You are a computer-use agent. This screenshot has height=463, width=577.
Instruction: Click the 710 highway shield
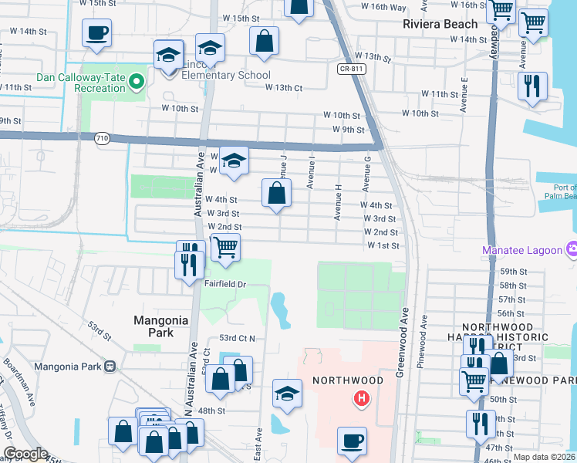pyautogui.click(x=101, y=138)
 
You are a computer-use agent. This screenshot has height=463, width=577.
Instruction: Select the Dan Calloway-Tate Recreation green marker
pyautogui.click(x=137, y=80)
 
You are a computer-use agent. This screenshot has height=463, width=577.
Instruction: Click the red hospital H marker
pyautogui.click(x=360, y=399)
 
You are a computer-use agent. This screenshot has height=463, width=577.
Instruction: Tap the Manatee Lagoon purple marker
pyautogui.click(x=572, y=249)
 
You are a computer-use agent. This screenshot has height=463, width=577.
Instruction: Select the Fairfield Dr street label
pyautogui.click(x=224, y=284)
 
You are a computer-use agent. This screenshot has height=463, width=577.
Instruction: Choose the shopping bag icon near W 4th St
pyautogui.click(x=276, y=193)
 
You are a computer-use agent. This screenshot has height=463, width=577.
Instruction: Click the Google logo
pyautogui.click(x=25, y=454)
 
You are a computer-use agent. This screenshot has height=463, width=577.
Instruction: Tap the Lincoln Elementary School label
pyautogui.click(x=225, y=75)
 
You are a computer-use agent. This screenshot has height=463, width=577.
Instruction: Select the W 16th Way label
pyautogui.click(x=384, y=7)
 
